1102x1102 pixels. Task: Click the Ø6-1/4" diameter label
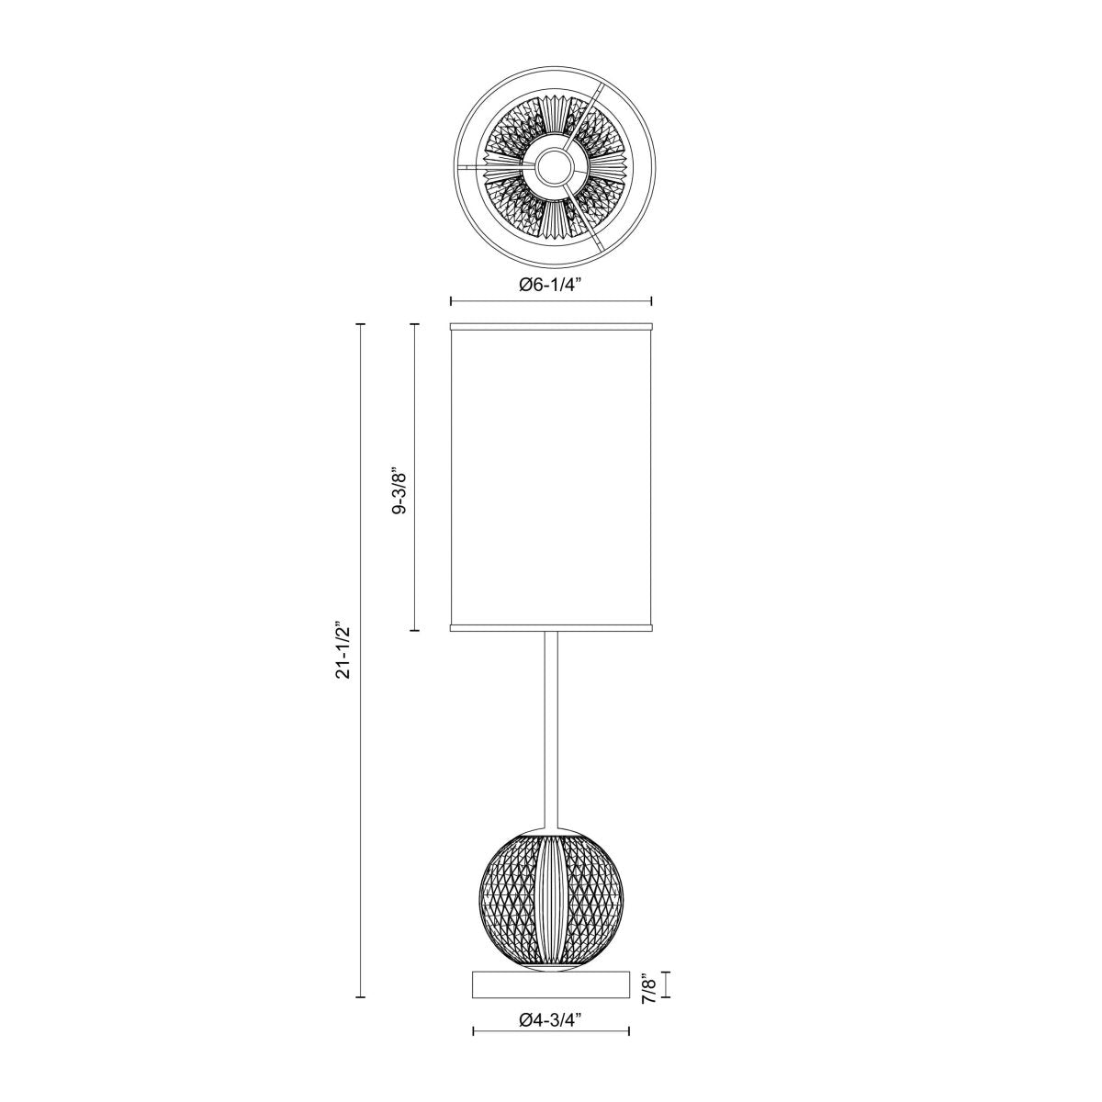(x=550, y=286)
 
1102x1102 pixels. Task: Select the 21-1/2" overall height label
(x=344, y=652)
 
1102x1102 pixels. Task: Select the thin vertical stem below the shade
(x=551, y=725)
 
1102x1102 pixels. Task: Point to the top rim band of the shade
(x=551, y=326)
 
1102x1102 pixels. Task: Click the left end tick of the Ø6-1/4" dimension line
(x=450, y=301)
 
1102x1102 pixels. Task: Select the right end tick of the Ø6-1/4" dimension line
(x=651, y=301)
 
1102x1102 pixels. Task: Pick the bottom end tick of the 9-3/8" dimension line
(x=415, y=630)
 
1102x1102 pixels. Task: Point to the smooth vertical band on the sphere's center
(x=550, y=900)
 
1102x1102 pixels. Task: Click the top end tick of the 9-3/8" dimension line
(x=415, y=324)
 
